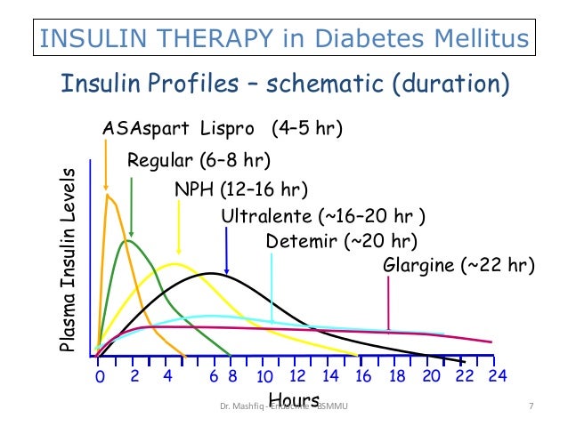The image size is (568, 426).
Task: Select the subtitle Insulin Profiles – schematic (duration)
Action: coord(284,85)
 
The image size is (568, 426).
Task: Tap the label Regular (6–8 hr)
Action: coord(199,161)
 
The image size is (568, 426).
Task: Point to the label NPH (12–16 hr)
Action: coord(241,190)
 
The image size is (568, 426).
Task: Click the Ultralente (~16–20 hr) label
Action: coord(322,216)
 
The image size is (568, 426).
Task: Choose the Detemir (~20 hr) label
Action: coord(341,241)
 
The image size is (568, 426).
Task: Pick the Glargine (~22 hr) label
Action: coord(458,265)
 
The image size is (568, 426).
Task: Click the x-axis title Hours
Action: coord(294,399)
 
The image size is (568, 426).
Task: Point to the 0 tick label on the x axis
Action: coord(100,377)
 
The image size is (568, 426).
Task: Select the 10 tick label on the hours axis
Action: coord(264,377)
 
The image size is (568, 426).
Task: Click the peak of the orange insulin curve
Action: coord(108,195)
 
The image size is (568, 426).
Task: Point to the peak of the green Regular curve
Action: coord(130,240)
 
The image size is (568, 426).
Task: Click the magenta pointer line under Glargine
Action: coord(388,302)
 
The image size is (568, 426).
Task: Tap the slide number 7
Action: coord(531,407)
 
